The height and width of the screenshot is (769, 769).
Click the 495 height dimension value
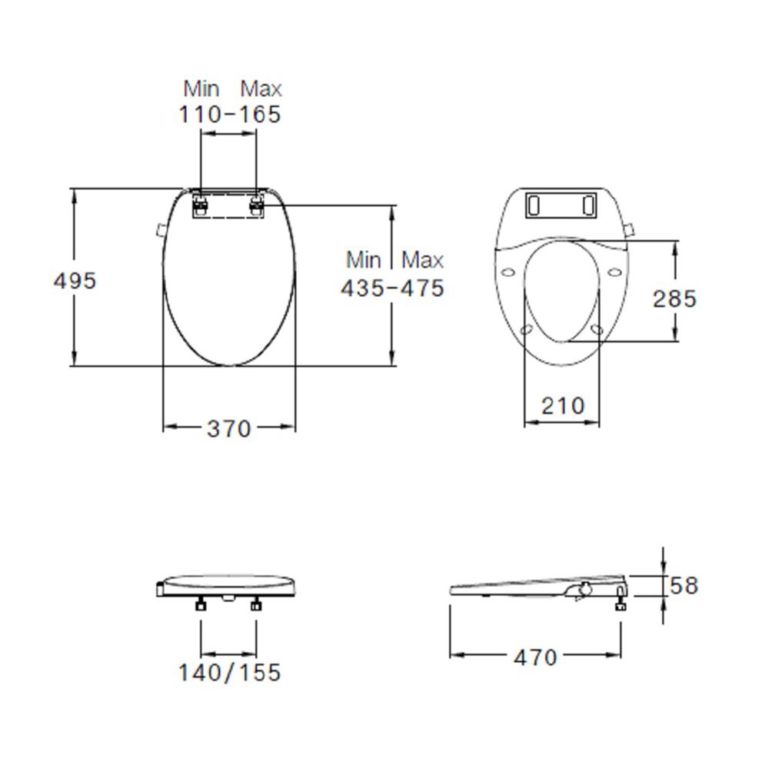point(75,281)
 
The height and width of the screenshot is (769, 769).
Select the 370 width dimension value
point(228,428)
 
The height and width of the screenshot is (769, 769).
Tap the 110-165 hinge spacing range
point(230,114)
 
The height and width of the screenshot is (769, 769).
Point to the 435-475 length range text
point(392,288)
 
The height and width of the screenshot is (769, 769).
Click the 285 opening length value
point(674,298)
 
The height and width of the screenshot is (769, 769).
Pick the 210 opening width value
point(562,405)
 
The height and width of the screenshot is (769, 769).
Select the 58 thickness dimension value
point(683,585)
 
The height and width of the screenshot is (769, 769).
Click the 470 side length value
point(535,657)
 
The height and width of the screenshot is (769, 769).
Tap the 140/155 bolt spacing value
point(230,673)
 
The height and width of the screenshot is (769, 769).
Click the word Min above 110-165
point(201,88)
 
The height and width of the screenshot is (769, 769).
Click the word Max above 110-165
point(261,88)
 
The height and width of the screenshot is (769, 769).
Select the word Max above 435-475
point(422,259)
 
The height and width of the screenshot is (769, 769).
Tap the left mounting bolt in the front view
point(201,604)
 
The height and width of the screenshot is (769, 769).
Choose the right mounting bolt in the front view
point(256,604)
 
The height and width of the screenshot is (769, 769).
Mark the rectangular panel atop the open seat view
point(561,205)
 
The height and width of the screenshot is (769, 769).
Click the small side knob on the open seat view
point(632,229)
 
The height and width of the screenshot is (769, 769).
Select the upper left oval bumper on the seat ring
point(508,271)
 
